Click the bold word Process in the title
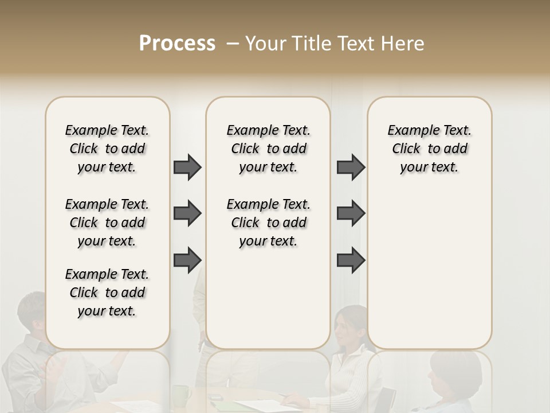(x=177, y=44)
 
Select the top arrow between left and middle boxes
(x=187, y=167)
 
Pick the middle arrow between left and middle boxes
(x=187, y=213)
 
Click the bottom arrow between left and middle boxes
(x=187, y=260)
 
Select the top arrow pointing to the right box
(x=351, y=167)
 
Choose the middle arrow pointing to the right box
(x=351, y=213)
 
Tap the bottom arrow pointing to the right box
(x=351, y=260)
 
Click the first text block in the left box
(x=107, y=149)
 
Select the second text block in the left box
(x=107, y=223)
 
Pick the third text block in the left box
(x=107, y=293)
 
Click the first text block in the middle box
(x=269, y=149)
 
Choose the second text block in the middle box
(x=269, y=223)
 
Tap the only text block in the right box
(x=430, y=149)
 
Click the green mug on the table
(x=182, y=395)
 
